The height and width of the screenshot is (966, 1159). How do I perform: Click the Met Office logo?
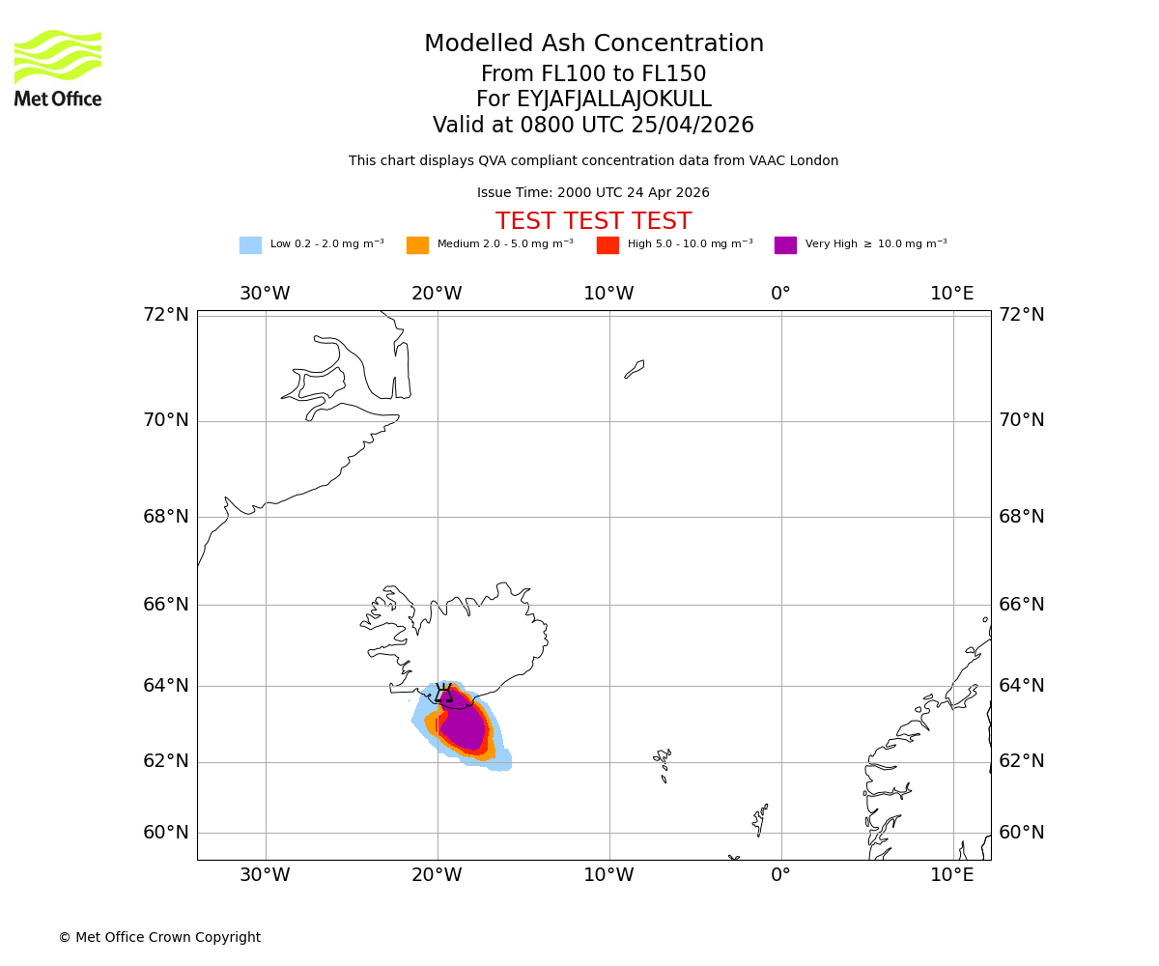[x=58, y=68]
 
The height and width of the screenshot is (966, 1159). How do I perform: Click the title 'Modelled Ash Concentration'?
[x=593, y=44]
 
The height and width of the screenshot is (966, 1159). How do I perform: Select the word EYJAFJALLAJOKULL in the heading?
[x=614, y=99]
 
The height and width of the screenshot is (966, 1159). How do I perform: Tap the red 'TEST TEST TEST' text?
[x=593, y=222]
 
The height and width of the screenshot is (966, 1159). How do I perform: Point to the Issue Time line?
[x=593, y=193]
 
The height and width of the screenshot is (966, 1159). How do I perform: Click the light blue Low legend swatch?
[x=250, y=245]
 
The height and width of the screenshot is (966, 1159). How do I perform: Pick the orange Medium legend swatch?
[x=417, y=245]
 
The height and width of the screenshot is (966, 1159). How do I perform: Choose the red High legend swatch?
[x=608, y=245]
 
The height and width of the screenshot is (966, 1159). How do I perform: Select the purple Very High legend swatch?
[x=785, y=245]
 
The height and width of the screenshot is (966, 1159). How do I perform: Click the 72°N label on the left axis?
[x=166, y=315]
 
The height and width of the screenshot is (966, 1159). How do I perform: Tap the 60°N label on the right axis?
[x=1022, y=833]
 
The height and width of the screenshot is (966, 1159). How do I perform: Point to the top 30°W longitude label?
[x=265, y=294]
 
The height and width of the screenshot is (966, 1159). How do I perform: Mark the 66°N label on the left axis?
[x=166, y=605]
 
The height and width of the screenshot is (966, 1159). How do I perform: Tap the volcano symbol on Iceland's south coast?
[x=443, y=693]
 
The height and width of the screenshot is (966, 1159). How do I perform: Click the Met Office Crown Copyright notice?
[x=159, y=938]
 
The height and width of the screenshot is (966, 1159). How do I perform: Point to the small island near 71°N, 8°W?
[x=635, y=369]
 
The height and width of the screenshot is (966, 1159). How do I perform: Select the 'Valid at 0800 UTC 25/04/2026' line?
[x=593, y=126]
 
